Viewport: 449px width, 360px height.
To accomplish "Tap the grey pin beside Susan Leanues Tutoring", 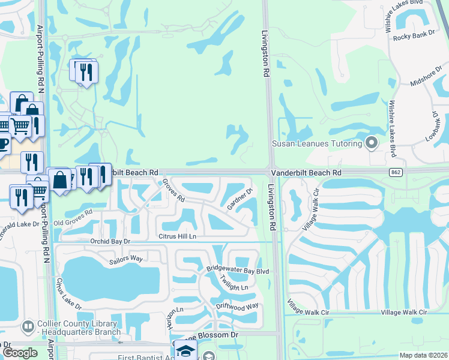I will (372, 143).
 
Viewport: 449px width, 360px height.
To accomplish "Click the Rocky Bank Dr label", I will (414, 37).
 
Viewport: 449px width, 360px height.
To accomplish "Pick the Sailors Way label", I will (125, 259).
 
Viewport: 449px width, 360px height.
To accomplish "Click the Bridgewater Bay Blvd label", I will (238, 271).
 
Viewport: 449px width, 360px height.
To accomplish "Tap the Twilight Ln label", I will (234, 283).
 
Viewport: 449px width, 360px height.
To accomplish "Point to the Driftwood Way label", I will (237, 306).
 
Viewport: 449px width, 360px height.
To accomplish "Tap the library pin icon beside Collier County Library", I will (28, 326).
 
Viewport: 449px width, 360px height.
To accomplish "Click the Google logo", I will (20, 353).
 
